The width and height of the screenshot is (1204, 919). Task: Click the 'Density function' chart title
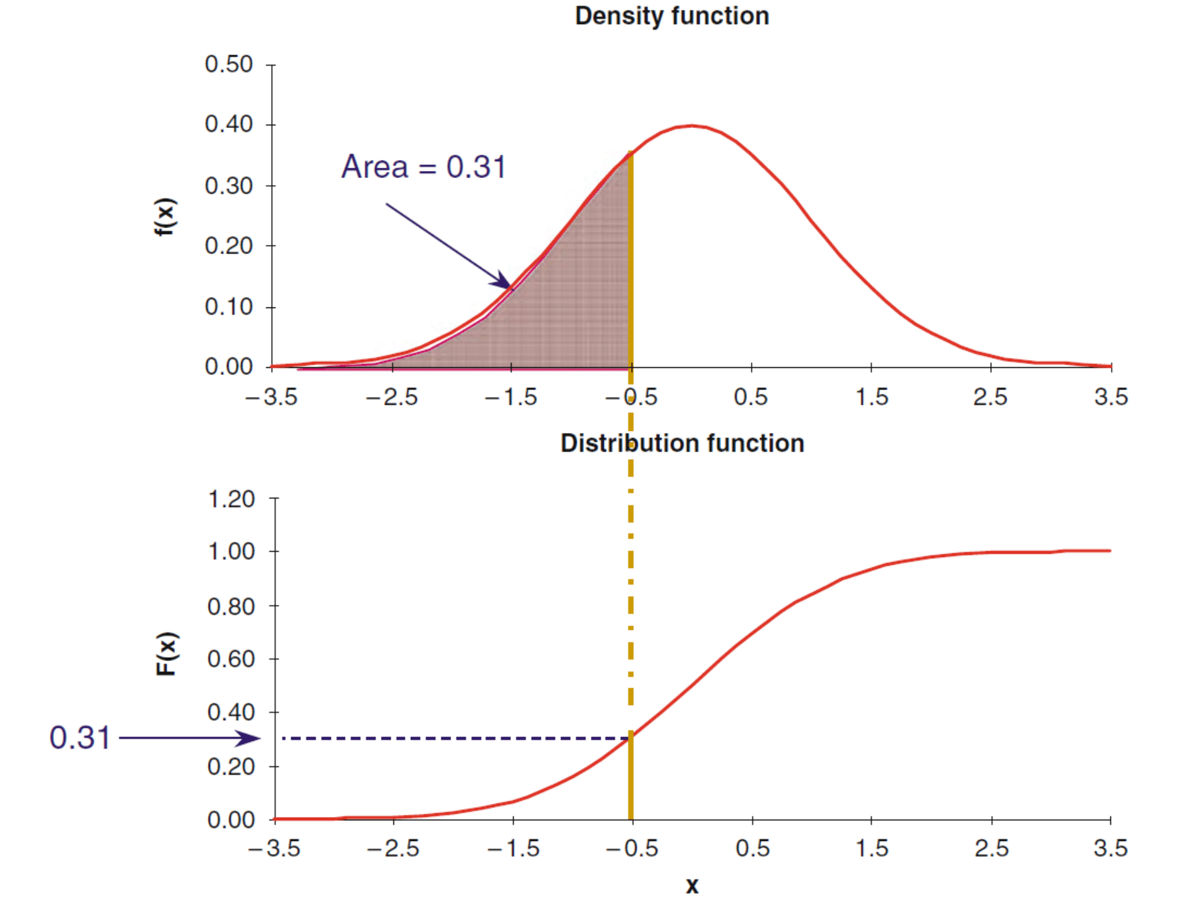(x=672, y=16)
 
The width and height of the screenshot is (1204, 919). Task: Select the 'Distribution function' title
(x=682, y=443)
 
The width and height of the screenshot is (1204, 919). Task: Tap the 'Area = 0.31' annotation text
(x=423, y=167)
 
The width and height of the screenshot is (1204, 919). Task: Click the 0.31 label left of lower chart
(x=80, y=738)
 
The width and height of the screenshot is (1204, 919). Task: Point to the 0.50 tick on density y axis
(x=228, y=64)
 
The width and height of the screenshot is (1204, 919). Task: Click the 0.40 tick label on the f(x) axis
(x=228, y=124)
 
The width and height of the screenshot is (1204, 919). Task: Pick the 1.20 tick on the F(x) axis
(x=231, y=499)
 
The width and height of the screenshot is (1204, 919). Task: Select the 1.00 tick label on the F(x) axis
(x=231, y=552)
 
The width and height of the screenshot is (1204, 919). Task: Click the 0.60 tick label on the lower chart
(x=231, y=659)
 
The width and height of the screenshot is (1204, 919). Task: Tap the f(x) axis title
(x=165, y=217)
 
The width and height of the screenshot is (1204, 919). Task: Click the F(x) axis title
(x=166, y=654)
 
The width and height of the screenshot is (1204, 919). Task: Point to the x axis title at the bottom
(x=692, y=885)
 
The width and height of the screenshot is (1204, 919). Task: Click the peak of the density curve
(x=692, y=125)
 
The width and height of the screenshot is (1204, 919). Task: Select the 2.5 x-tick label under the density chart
(x=990, y=397)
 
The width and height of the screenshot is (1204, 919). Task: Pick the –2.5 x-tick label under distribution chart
(x=393, y=848)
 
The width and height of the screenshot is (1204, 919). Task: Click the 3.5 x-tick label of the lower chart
(x=1110, y=848)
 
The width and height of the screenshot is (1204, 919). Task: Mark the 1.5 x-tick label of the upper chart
(x=871, y=397)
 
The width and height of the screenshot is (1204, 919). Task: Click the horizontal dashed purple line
(x=455, y=738)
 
